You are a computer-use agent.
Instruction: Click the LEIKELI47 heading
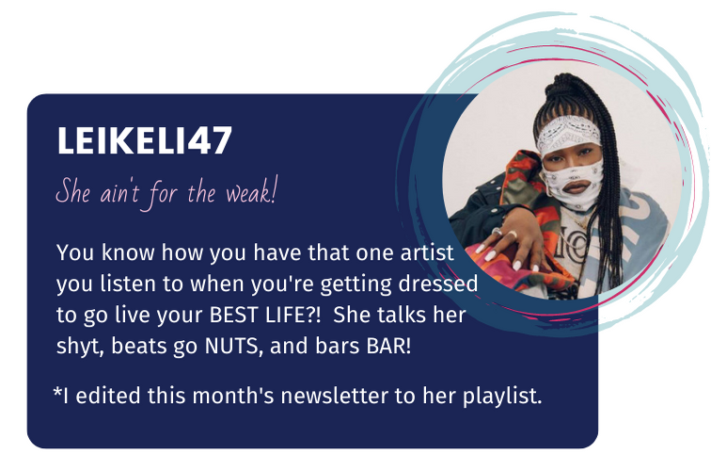145,140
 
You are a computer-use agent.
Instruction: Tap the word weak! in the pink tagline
251,193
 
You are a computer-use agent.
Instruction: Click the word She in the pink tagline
73,191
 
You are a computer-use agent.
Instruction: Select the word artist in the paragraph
427,252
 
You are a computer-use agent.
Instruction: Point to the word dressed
438,284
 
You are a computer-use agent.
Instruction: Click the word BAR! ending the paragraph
389,346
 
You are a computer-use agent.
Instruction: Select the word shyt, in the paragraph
81,347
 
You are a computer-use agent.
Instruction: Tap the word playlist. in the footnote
502,397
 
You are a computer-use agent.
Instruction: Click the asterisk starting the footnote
57,392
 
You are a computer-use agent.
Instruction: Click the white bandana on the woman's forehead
569,132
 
